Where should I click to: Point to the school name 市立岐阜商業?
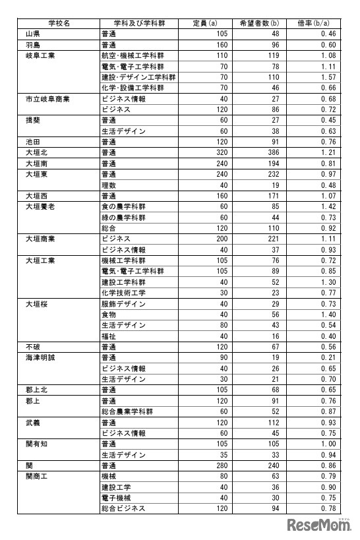[47, 99]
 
